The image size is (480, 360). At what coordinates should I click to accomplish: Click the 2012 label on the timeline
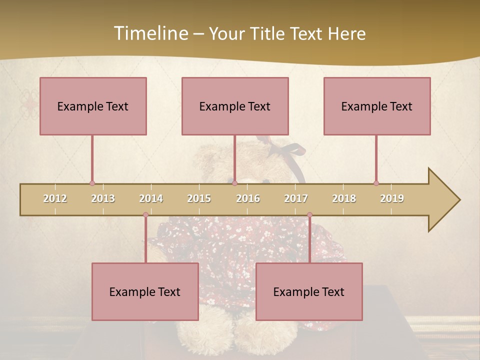(55, 198)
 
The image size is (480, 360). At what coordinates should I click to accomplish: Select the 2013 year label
(103, 198)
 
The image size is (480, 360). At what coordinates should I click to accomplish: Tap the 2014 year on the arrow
(151, 198)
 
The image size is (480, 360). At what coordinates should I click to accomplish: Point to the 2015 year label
(199, 198)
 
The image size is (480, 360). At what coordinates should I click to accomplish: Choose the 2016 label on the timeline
(248, 198)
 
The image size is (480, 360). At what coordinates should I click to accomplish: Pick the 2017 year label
(296, 198)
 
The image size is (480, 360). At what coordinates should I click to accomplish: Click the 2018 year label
(344, 198)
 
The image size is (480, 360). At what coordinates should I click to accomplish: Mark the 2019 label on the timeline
(392, 198)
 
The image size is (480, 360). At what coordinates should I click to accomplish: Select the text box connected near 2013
(93, 106)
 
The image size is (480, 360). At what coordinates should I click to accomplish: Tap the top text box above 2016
(235, 106)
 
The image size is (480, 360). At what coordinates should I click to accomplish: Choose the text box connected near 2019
(377, 106)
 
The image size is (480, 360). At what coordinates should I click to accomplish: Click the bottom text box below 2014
(145, 292)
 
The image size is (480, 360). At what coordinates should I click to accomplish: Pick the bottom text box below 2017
(309, 292)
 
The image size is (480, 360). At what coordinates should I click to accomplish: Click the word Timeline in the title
(150, 33)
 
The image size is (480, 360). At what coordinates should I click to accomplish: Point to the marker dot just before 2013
(92, 183)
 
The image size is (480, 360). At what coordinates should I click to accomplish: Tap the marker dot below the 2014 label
(145, 215)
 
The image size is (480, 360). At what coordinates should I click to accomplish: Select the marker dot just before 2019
(376, 183)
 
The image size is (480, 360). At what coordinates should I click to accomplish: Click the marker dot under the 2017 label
(309, 215)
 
